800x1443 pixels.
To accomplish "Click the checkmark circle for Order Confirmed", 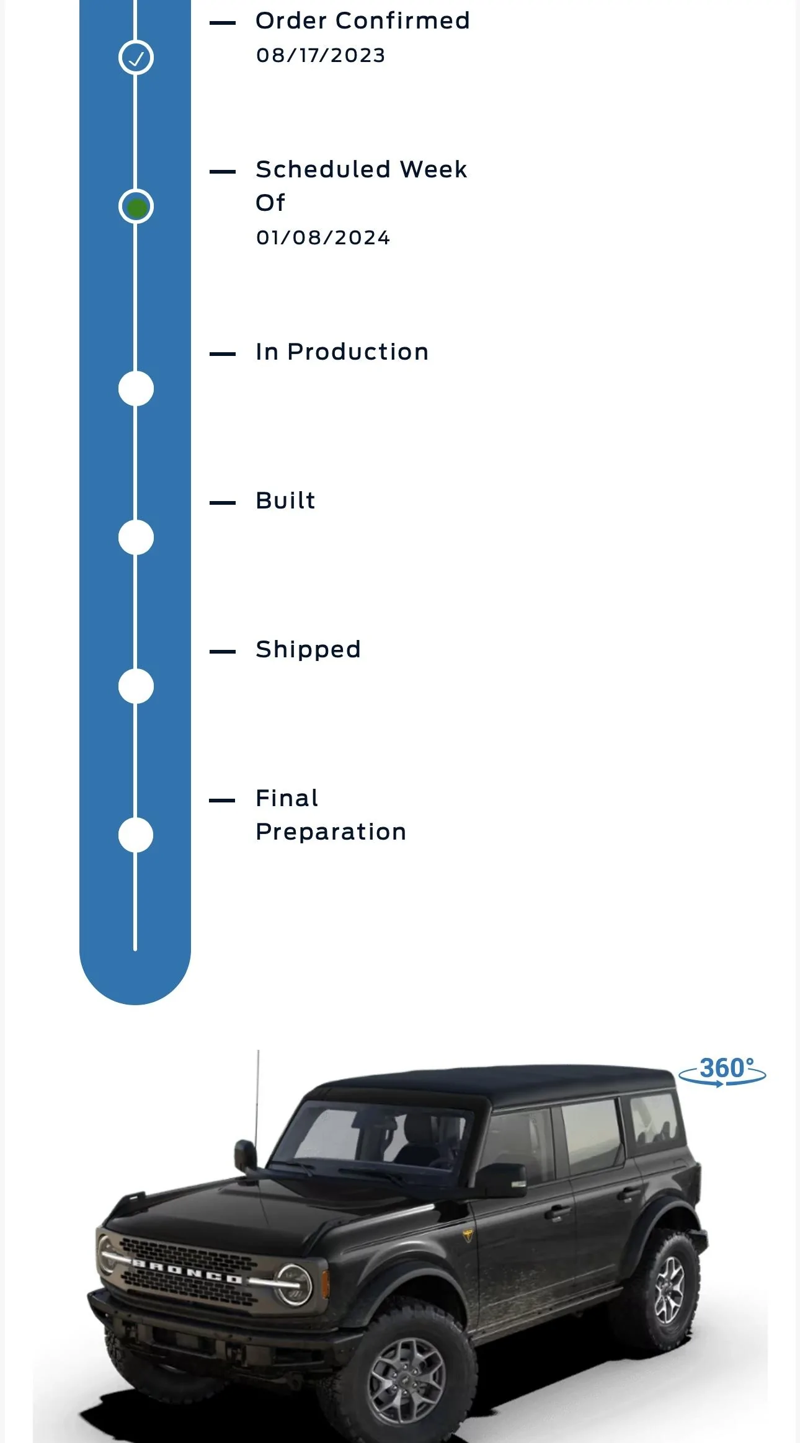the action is [136, 58].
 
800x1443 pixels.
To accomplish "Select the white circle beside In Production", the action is [136, 389].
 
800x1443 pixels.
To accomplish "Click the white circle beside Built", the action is [136, 538].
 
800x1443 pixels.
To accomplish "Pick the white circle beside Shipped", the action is [136, 686].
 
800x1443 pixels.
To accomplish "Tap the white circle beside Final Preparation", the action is [136, 835].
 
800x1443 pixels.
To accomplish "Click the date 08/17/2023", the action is [321, 55].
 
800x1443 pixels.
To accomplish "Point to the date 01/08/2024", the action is [323, 238].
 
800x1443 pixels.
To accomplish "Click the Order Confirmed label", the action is [363, 20].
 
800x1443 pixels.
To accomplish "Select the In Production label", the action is [342, 352].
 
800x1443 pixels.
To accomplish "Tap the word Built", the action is [286, 500].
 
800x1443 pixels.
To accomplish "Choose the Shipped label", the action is [308, 650].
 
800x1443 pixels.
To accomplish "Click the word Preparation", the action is [331, 832].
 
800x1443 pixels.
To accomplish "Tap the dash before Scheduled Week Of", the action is [223, 172].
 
